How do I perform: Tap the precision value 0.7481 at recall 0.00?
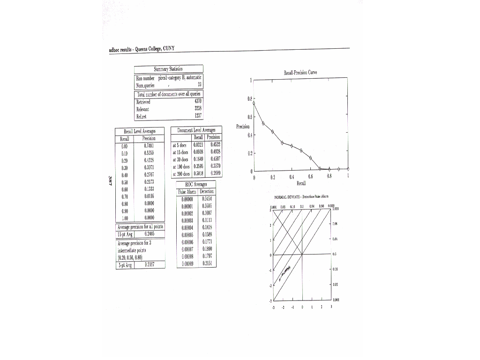(150, 145)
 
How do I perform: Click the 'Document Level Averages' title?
(196, 130)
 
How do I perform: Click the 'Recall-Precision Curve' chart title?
(300, 73)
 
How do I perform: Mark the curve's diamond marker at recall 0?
(254, 102)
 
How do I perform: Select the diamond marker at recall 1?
(348, 169)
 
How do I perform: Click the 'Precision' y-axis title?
(243, 127)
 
